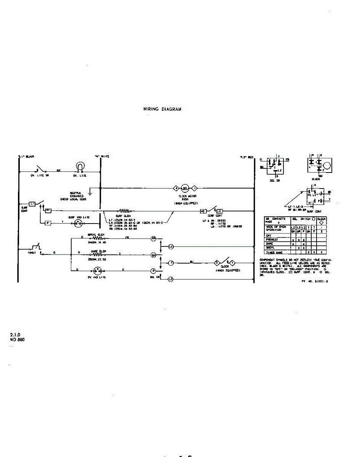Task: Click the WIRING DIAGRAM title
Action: pyautogui.click(x=162, y=109)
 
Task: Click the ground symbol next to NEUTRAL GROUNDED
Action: pyautogui.click(x=89, y=193)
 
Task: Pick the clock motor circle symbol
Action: pyautogui.click(x=185, y=188)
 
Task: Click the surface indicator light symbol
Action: pyautogui.click(x=79, y=223)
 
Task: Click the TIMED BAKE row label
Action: pyautogui.click(x=274, y=252)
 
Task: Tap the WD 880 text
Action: pyautogui.click(x=17, y=340)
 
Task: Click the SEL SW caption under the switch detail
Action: pyautogui.click(x=274, y=181)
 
